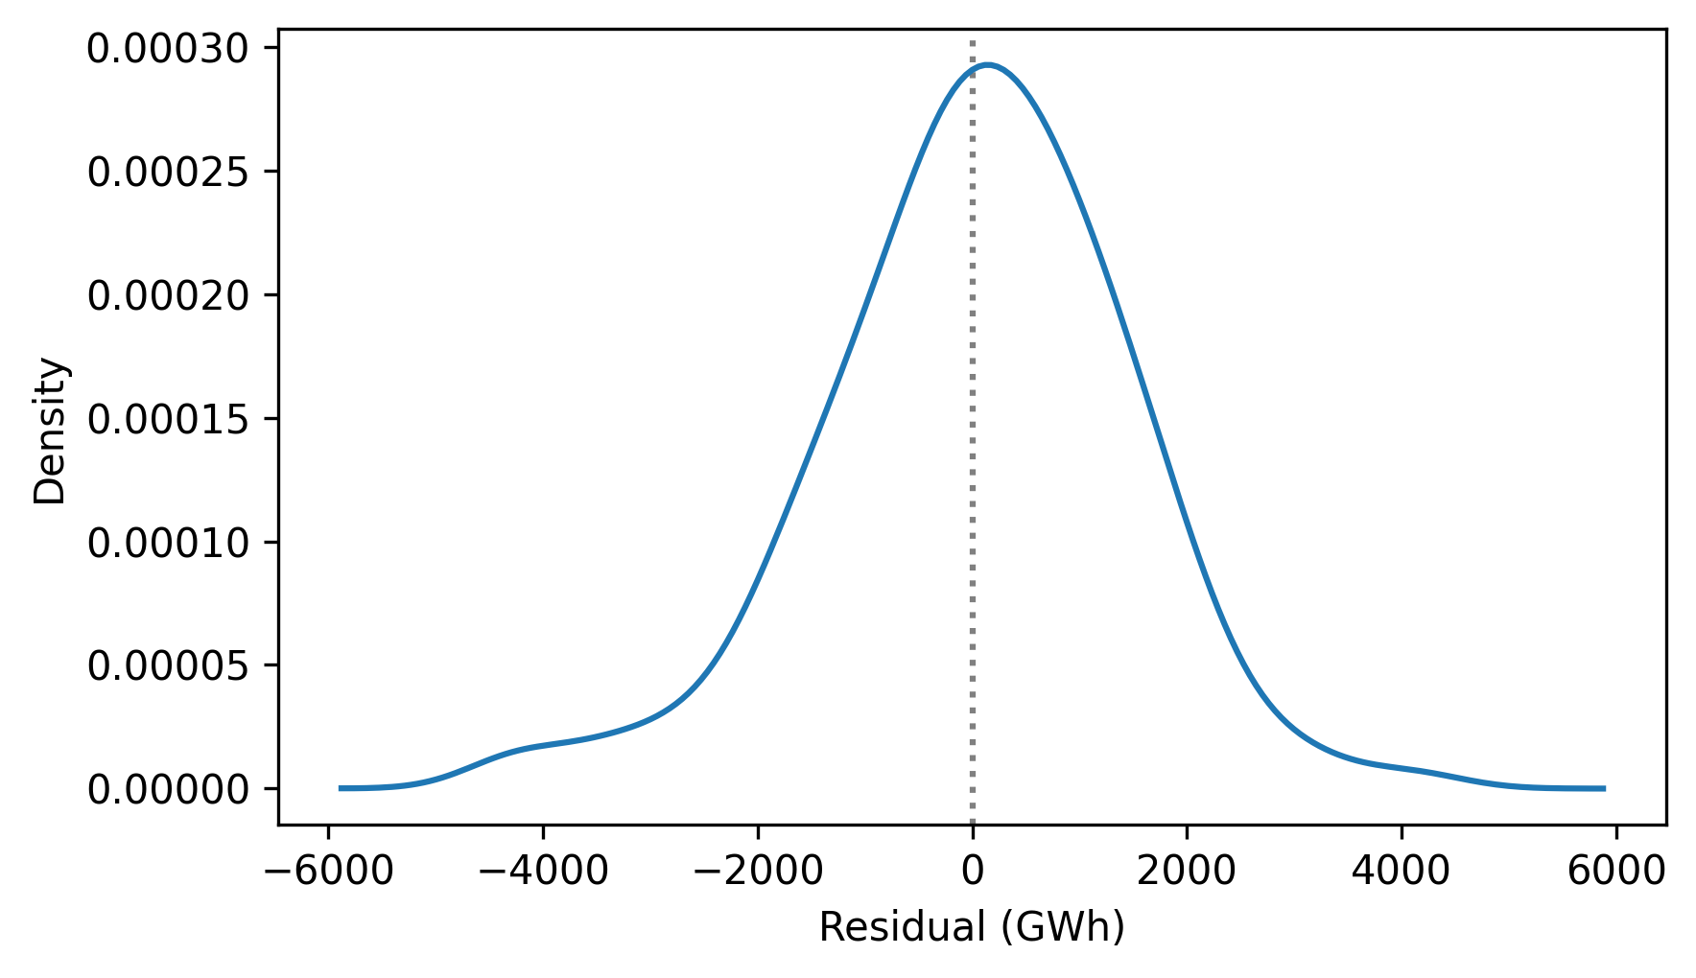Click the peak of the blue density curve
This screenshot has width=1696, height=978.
pyautogui.click(x=987, y=65)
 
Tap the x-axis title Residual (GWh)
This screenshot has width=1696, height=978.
pyautogui.click(x=972, y=927)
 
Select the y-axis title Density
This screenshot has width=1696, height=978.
pyautogui.click(x=50, y=431)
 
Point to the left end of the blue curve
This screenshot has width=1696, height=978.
pyautogui.click(x=341, y=788)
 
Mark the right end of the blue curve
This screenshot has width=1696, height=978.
pyautogui.click(x=1604, y=788)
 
